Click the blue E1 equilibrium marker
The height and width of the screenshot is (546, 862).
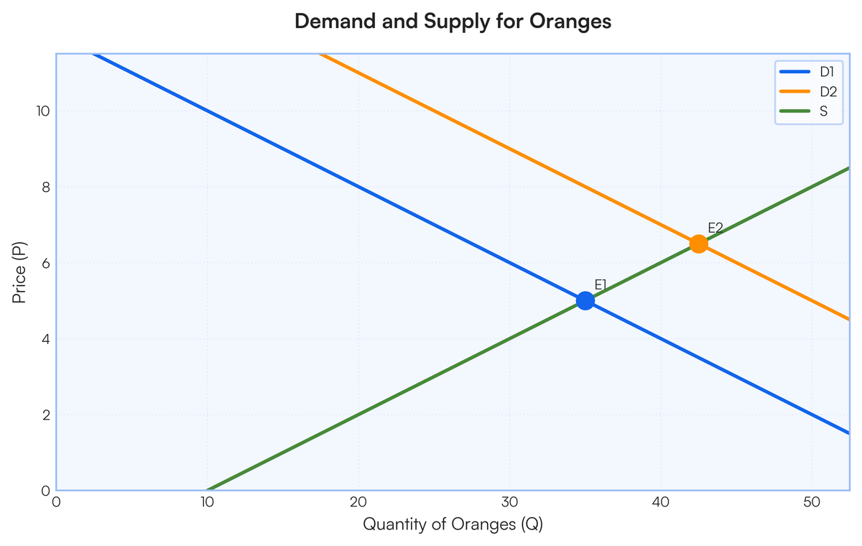[x=585, y=300]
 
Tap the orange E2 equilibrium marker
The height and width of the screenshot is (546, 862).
[x=698, y=244]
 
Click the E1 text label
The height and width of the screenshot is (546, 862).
[x=601, y=285]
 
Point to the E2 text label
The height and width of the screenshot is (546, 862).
[x=715, y=228]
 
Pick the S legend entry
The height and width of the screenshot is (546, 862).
[x=823, y=111]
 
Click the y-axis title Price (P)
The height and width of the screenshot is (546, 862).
[x=20, y=272]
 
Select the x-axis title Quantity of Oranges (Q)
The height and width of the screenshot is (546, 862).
[x=453, y=524]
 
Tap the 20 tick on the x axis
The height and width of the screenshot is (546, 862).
[x=358, y=503]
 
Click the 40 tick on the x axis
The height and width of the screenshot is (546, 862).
[x=661, y=503]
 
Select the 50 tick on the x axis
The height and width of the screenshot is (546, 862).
[x=812, y=503]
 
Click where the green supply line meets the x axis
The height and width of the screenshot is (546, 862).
[x=208, y=490]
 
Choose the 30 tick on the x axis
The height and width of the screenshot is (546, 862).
[x=509, y=503]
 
